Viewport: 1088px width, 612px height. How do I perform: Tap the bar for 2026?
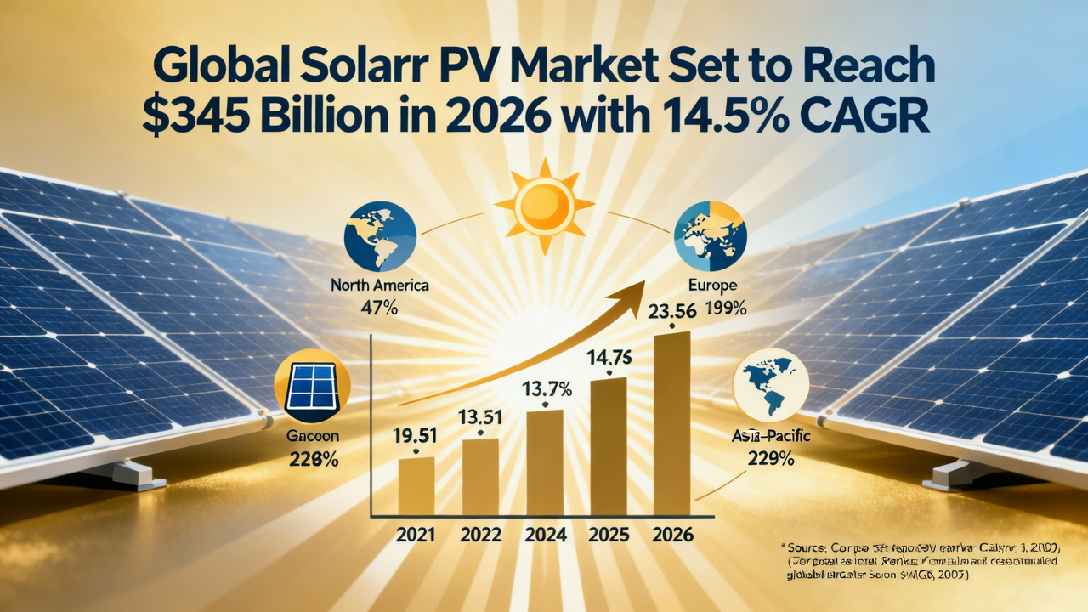[671, 422]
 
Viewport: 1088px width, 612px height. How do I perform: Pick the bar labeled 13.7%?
[544, 462]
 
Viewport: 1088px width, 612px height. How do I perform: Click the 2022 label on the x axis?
[480, 535]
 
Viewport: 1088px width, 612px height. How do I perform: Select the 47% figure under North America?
[380, 309]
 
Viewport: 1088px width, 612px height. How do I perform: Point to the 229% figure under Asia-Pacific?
[771, 459]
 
